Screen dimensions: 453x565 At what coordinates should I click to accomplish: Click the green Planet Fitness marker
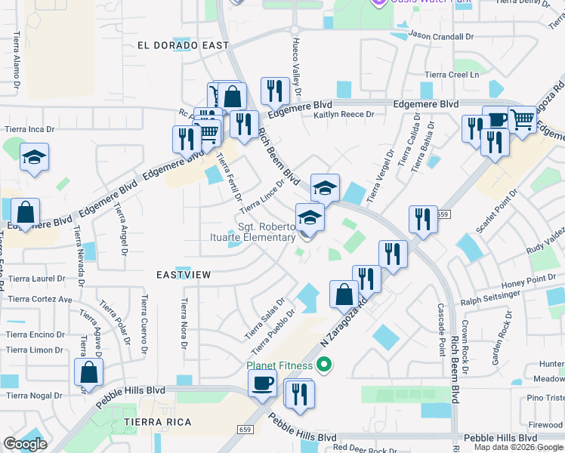click(x=325, y=366)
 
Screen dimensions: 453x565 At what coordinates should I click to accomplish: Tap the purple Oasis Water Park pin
click(x=380, y=2)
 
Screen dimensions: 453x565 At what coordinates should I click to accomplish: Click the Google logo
click(x=25, y=444)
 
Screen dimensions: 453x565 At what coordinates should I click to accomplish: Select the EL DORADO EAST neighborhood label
click(x=183, y=45)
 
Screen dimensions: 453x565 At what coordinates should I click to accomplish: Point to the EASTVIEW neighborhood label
click(x=184, y=276)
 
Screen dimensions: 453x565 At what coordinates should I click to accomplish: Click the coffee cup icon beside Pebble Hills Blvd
click(x=262, y=383)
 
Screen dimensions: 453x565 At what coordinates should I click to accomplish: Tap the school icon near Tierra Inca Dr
click(x=34, y=157)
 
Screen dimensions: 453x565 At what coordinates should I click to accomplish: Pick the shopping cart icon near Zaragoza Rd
click(x=522, y=119)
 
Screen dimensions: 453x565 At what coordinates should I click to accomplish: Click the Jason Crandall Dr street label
click(x=440, y=35)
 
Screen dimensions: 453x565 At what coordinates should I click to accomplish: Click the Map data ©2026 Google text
click(x=517, y=446)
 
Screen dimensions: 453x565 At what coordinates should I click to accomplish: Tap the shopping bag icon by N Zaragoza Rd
click(x=344, y=294)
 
